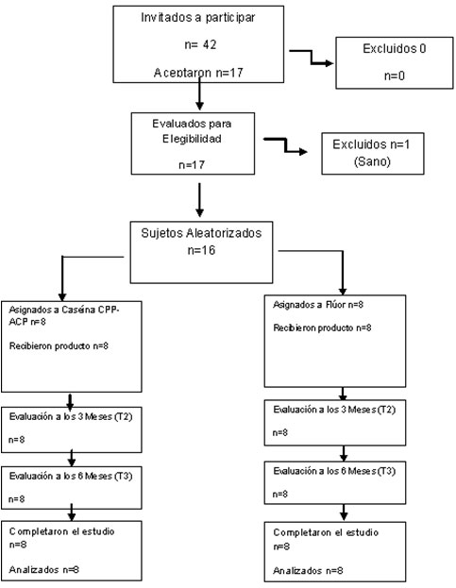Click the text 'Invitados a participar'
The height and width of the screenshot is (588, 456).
coord(198,18)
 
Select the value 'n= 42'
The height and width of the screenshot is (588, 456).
coord(200,44)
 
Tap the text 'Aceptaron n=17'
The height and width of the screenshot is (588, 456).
coord(198,73)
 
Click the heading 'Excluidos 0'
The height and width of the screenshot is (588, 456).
coord(394,48)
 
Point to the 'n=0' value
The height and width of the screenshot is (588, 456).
coord(394,76)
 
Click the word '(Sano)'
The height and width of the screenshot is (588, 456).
coord(372,161)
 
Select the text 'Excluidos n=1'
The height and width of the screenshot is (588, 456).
coord(371,144)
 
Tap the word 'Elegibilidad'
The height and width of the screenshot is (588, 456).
coord(192,139)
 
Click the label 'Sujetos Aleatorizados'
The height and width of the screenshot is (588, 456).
coord(201,233)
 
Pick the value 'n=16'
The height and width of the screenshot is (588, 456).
coord(201,250)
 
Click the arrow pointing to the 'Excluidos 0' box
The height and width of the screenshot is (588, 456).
coord(312,57)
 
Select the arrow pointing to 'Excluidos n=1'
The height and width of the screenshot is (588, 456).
coord(286,145)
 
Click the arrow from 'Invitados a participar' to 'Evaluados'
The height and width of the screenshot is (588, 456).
coord(199,93)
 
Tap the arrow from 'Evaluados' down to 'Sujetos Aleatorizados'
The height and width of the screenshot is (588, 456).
coord(199,200)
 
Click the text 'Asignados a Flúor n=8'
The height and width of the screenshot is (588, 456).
coord(318,305)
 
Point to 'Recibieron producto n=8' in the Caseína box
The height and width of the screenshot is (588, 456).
coord(59,345)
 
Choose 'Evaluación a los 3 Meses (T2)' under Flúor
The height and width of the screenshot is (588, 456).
coord(334,410)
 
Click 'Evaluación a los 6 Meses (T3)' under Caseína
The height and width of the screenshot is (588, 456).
coord(71,477)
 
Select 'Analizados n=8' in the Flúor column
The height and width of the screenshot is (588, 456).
coord(308,571)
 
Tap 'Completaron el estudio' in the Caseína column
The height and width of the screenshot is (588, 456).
coord(62,531)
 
